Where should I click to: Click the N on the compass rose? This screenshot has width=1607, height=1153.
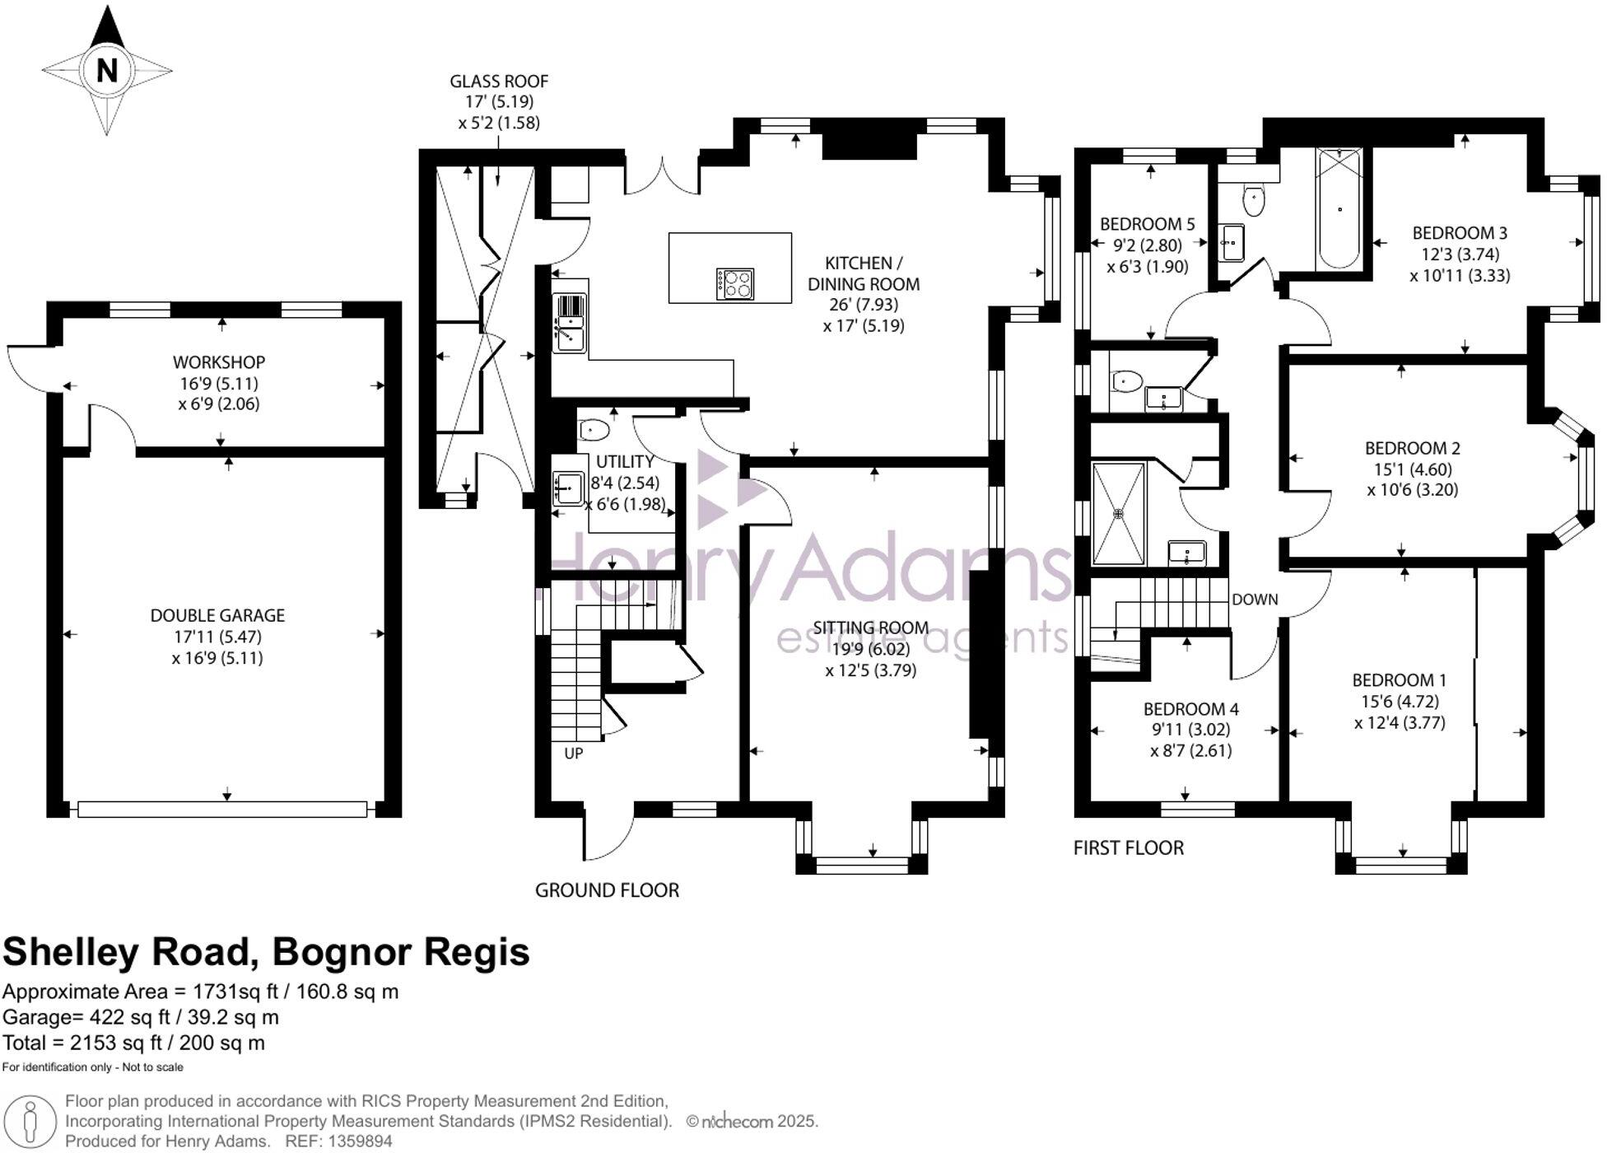[107, 71]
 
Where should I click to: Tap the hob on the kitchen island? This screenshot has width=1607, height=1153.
[734, 284]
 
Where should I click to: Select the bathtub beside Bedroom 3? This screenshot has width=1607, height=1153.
[1338, 209]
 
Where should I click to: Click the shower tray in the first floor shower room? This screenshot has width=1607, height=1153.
[1118, 514]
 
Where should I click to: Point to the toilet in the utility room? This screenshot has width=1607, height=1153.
[593, 429]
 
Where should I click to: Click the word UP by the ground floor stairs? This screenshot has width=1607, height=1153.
[573, 753]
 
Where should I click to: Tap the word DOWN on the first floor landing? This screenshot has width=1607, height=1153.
[1255, 600]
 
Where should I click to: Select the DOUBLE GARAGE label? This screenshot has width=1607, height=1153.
[217, 615]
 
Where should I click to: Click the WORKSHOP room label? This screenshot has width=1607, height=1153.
[219, 362]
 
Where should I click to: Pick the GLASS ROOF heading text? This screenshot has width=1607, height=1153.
[499, 82]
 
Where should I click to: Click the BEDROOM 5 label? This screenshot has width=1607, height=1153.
[1147, 224]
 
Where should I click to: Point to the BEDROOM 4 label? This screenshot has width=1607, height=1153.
[1190, 709]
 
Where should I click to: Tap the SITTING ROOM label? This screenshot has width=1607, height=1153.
[871, 628]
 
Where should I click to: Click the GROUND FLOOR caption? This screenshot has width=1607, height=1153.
[607, 890]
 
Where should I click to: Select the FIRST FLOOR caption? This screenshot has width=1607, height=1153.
[1128, 848]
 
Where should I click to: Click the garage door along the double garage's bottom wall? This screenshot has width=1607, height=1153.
[222, 810]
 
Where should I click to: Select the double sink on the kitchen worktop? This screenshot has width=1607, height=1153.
[569, 323]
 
